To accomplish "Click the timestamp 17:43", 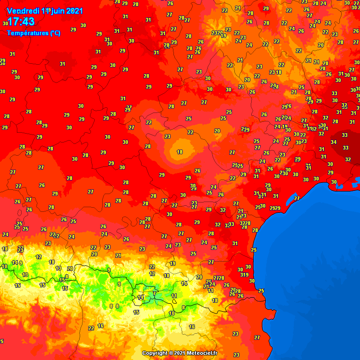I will (21, 22).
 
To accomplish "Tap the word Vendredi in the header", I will (23, 10).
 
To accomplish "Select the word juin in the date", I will (58, 10).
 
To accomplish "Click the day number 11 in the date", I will (45, 10).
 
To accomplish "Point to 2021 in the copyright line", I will (180, 353).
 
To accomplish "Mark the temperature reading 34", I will (333, 142).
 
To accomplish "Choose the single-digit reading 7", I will (154, 293).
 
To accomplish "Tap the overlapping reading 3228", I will (245, 223).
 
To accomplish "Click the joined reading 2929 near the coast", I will (276, 208).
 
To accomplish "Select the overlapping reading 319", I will (244, 275).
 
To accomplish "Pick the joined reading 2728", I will (219, 278).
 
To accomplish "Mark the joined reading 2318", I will (276, 72).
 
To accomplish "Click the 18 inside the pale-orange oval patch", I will (180, 152).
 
